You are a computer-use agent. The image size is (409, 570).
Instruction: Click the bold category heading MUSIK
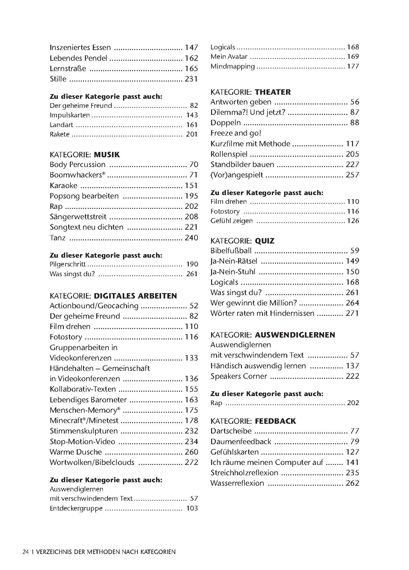[107, 155]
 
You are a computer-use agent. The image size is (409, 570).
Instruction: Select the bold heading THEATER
[272, 92]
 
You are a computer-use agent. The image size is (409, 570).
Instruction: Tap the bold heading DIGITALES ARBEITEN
[135, 296]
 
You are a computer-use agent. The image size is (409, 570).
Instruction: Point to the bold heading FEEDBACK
[275, 421]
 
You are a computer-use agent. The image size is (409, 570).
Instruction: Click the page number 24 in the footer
[26, 552]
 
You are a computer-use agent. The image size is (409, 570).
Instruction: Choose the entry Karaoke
[63, 186]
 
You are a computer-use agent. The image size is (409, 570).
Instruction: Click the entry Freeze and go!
[236, 133]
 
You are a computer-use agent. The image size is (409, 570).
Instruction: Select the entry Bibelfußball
[231, 251]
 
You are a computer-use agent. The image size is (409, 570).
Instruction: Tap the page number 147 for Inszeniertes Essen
[191, 47]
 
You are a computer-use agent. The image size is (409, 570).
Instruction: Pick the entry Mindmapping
[233, 66]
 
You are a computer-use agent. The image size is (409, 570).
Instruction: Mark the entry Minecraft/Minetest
[84, 421]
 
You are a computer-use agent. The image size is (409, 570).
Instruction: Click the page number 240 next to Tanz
[191, 238]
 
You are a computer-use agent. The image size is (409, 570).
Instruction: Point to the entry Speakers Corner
[238, 376]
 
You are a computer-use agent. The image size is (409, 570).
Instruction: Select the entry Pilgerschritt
[68, 264]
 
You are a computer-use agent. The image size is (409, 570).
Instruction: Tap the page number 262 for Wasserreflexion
[352, 483]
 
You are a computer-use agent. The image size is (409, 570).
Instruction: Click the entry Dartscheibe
[231, 431]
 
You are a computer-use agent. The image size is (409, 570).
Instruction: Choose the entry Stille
[58, 79]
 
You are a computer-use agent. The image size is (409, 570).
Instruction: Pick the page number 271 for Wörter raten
[352, 313]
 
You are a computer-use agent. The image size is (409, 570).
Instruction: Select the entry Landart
[61, 125]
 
